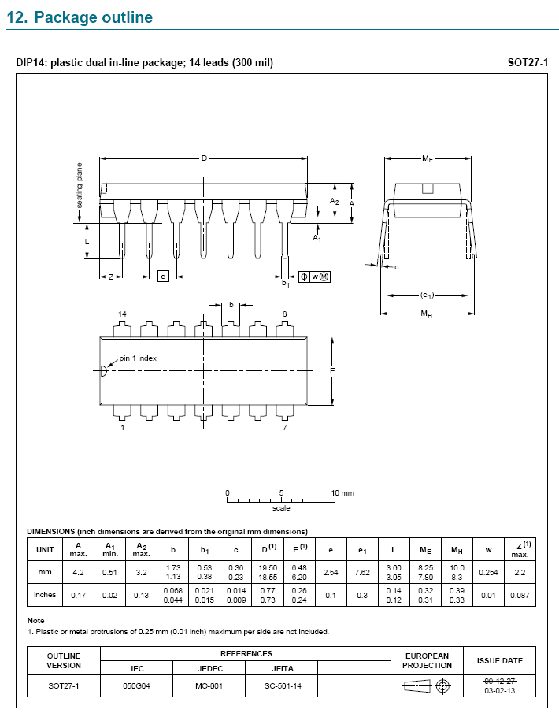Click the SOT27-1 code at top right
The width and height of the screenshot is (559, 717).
(x=528, y=63)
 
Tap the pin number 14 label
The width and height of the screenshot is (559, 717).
(x=122, y=314)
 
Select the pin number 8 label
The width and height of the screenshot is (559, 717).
(x=285, y=314)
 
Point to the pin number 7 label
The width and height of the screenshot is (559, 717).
(x=285, y=427)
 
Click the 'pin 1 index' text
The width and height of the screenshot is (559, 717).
(x=138, y=358)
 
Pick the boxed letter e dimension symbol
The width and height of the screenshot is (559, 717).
(x=163, y=277)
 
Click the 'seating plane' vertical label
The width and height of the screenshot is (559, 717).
(x=80, y=185)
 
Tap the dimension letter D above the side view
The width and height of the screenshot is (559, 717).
(x=205, y=158)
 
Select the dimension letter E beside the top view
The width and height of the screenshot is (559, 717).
(x=332, y=370)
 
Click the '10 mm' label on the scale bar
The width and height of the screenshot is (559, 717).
(x=342, y=493)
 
